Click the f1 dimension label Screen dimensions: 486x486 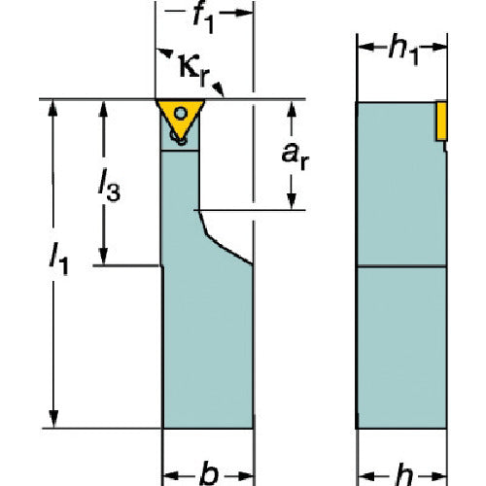203,18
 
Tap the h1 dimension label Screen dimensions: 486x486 403,51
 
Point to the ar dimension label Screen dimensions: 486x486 295,156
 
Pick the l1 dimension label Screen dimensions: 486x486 58,260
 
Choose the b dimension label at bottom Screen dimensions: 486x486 209,474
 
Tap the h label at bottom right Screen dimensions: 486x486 403,475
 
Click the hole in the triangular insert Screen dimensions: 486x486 181,114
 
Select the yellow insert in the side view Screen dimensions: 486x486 441,121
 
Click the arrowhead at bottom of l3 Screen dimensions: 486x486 103,257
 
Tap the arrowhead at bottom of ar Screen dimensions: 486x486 292,201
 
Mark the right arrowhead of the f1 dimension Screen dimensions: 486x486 244,13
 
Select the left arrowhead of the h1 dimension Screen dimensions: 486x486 365,48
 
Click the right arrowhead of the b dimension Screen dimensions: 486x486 245,476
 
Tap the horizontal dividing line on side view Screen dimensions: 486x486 401,266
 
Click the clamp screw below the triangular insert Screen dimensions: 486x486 178,138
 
